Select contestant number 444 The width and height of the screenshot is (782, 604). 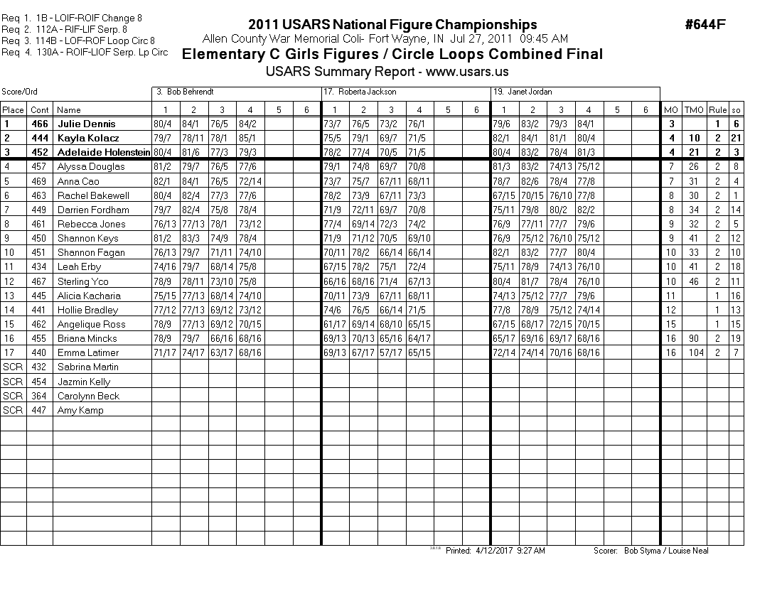coord(40,138)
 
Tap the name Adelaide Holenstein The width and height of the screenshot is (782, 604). coord(103,152)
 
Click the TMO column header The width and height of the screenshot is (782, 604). coord(694,109)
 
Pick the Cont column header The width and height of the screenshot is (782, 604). coord(40,109)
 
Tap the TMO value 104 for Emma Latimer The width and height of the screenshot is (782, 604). coord(694,352)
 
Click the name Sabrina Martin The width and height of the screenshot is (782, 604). coord(87,367)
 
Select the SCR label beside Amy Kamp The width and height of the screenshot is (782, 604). coord(13,410)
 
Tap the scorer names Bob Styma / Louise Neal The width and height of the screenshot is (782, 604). coord(665,551)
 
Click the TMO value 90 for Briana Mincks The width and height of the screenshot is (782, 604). coord(694,338)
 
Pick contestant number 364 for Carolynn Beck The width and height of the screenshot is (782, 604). coord(40,396)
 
